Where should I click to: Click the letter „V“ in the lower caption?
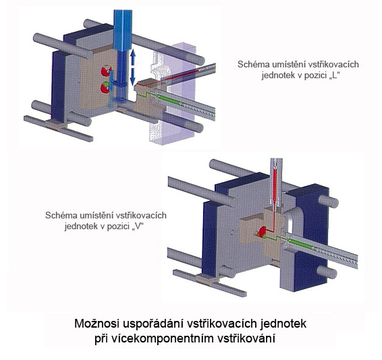click(x=138, y=227)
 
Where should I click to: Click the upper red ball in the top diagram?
click(x=106, y=70)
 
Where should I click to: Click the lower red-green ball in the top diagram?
click(x=105, y=88)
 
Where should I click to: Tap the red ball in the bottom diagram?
click(x=262, y=232)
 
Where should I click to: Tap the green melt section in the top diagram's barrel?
click(x=168, y=100)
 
